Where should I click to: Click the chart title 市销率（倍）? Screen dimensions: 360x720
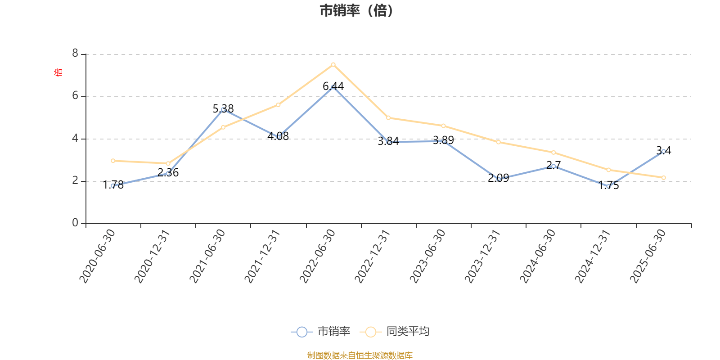[356, 11]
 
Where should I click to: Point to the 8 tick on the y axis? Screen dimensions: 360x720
[75, 54]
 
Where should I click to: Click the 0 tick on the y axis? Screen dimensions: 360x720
[75, 223]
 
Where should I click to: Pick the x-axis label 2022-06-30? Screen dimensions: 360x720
[318, 256]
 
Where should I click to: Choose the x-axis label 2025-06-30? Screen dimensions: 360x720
[648, 256]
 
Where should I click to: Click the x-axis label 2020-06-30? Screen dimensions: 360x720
[98, 256]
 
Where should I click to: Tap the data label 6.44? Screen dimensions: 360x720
[333, 86]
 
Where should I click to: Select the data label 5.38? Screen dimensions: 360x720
[223, 108]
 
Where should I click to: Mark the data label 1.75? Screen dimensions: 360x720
[608, 185]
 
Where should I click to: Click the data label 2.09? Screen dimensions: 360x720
[498, 178]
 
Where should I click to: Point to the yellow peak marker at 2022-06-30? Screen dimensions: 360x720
[333, 65]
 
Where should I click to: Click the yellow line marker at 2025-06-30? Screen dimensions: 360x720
[663, 178]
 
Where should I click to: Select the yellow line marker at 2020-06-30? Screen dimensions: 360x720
[113, 161]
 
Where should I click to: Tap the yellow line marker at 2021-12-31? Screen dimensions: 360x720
[278, 105]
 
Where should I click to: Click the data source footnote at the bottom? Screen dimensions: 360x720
[360, 355]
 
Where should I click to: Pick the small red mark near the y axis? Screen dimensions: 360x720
[57, 72]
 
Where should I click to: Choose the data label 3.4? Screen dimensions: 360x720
[663, 151]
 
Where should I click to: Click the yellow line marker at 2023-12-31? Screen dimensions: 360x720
[498, 142]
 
